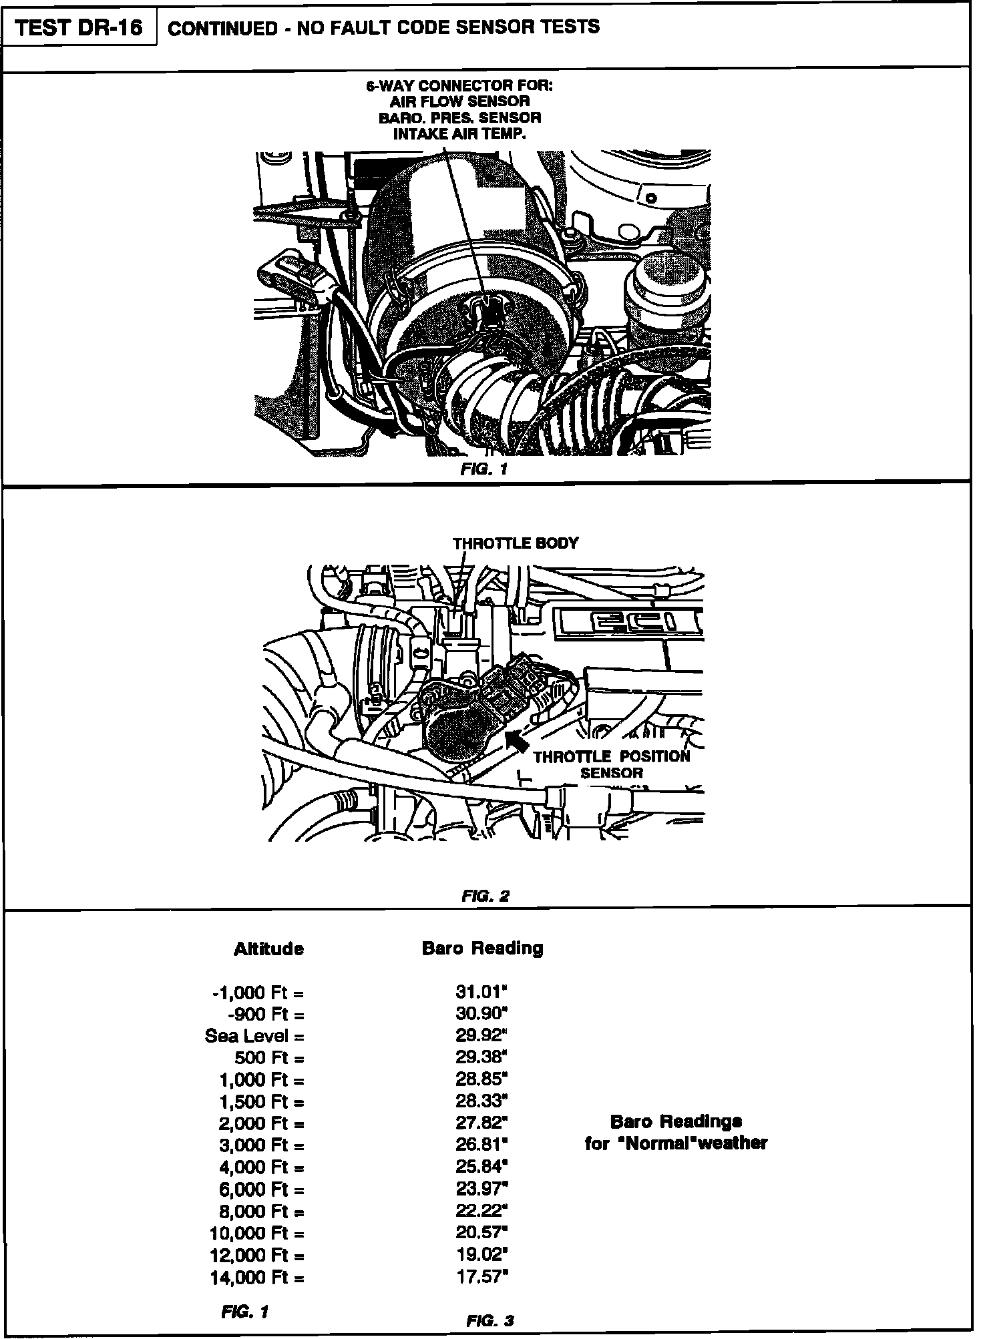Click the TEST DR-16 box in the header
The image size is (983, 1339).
(x=78, y=28)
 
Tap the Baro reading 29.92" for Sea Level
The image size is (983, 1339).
(x=481, y=1036)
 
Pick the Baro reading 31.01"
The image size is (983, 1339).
(x=481, y=992)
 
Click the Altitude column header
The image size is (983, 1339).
(x=268, y=949)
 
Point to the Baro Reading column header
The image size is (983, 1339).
(x=482, y=948)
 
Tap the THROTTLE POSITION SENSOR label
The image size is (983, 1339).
(x=611, y=764)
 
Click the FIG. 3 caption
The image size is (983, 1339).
(x=490, y=1320)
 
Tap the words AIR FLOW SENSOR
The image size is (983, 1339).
(x=459, y=101)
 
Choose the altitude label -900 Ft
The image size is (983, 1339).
(x=266, y=1015)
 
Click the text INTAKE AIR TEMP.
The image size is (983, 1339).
(x=459, y=133)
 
